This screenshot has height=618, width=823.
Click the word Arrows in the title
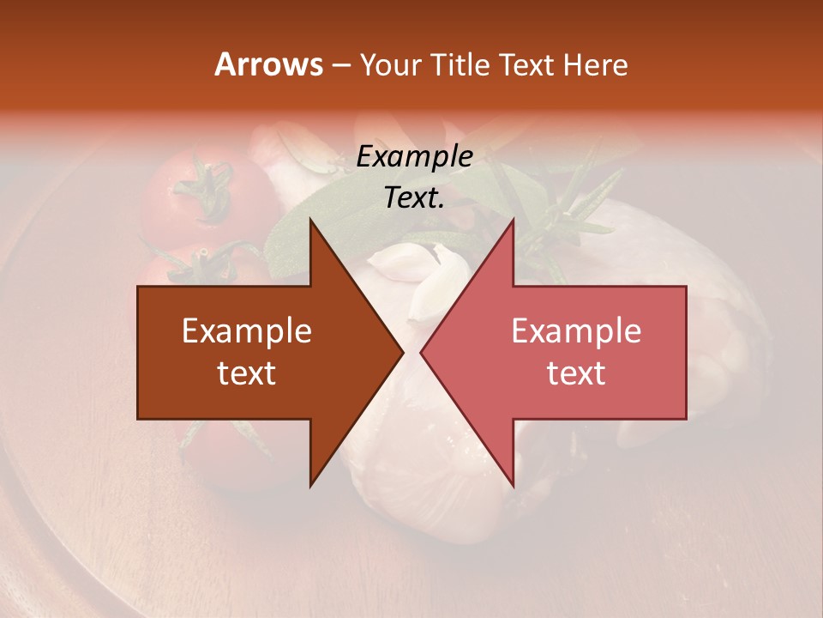click(x=268, y=64)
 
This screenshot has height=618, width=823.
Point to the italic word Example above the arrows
click(x=414, y=157)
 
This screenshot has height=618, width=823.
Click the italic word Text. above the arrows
click(x=414, y=197)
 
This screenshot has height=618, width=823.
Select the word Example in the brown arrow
click(x=247, y=331)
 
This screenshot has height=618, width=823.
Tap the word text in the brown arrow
click(x=247, y=373)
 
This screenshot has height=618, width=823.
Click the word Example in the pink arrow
click(x=576, y=331)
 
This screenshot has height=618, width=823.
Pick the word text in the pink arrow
click(x=576, y=373)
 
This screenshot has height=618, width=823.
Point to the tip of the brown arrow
click(x=403, y=353)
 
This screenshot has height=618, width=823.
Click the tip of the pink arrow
click(x=421, y=353)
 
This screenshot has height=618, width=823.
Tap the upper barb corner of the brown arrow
click(x=310, y=220)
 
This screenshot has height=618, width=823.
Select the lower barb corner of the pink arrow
click(x=514, y=487)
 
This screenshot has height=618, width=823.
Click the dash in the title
click(x=340, y=65)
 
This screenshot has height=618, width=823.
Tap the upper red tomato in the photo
click(x=184, y=202)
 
